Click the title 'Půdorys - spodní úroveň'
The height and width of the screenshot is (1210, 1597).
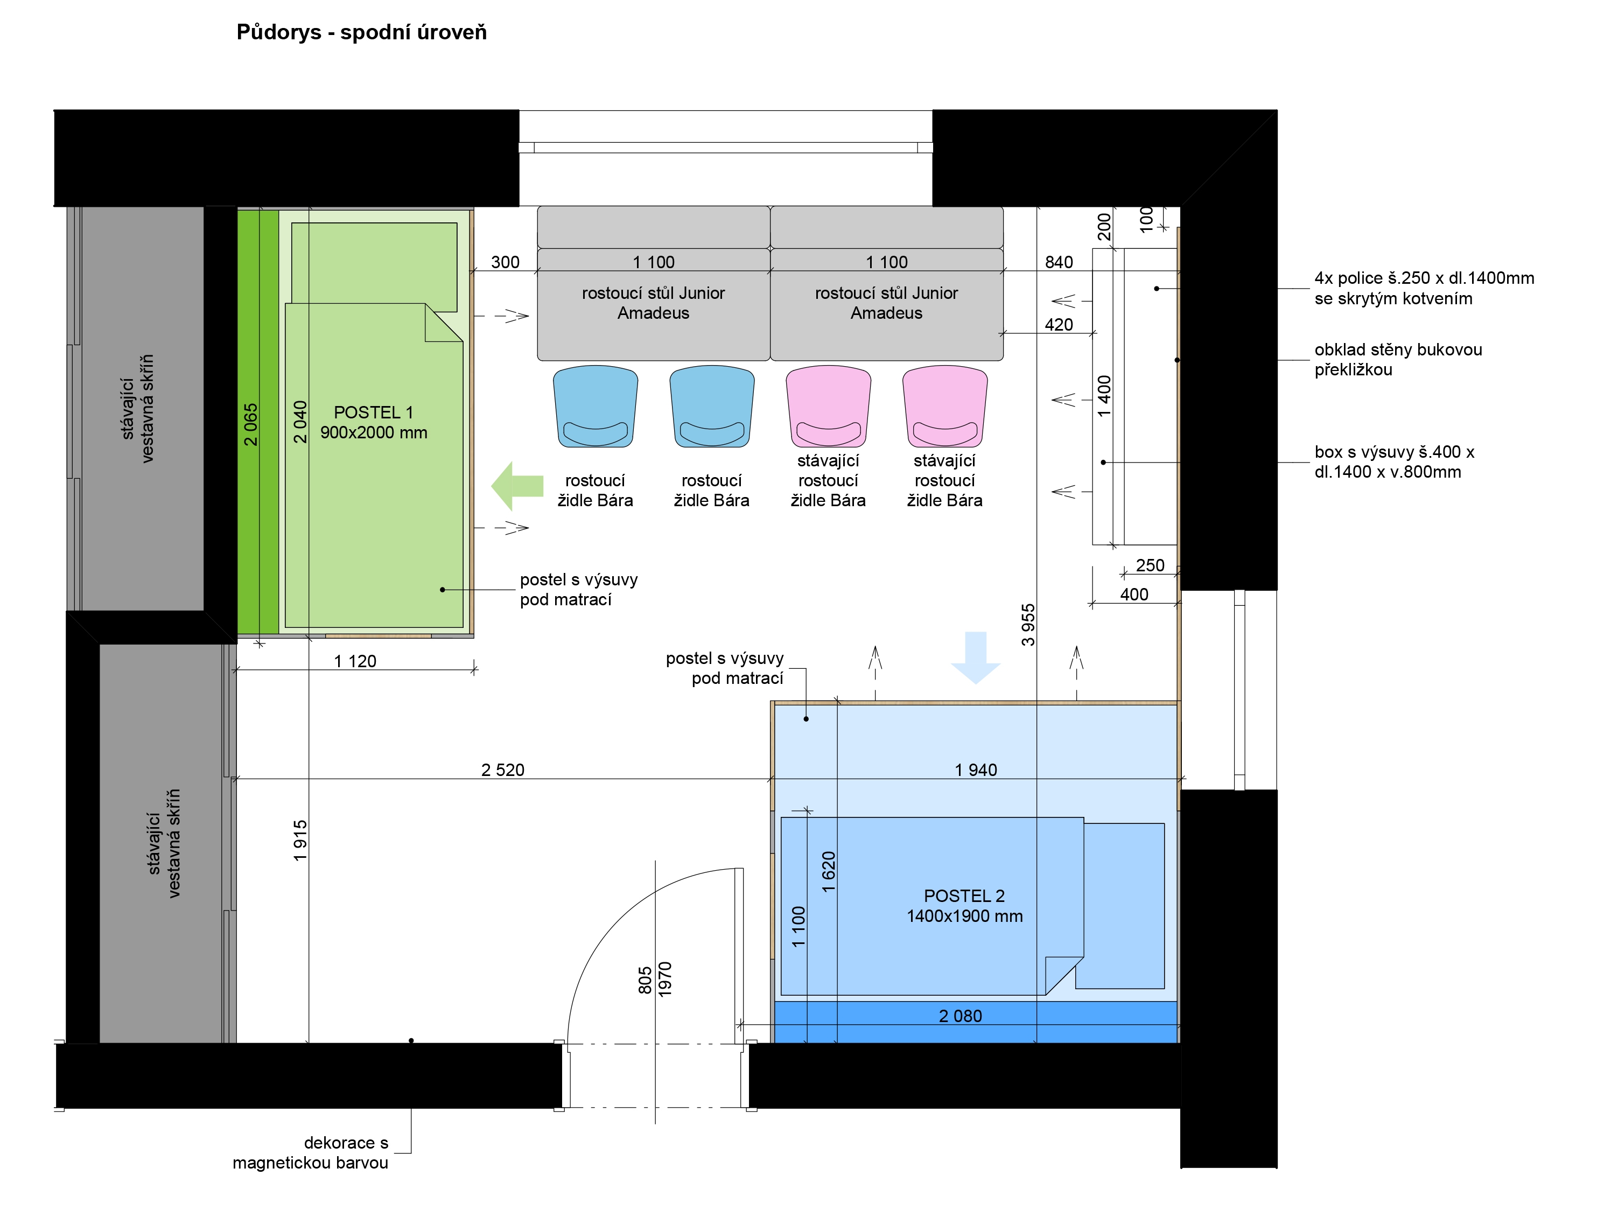tap(362, 32)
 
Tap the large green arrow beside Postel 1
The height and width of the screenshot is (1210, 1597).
tap(517, 486)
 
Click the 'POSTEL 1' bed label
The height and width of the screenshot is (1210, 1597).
tap(373, 412)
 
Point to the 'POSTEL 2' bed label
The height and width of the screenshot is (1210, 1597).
tap(964, 896)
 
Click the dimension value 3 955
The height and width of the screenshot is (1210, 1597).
tap(1028, 625)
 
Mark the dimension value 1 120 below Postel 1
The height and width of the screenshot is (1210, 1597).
tap(355, 661)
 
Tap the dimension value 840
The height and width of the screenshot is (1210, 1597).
tap(1059, 262)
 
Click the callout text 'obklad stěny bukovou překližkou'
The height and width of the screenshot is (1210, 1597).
tap(1398, 360)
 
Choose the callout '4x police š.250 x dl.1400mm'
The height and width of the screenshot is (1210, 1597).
tap(1424, 278)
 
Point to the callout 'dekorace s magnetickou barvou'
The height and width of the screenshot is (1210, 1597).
tap(311, 1152)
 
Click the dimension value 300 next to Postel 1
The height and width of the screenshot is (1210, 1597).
tap(506, 262)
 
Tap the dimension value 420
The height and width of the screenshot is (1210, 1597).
tap(1059, 324)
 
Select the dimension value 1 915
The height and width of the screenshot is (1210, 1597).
tap(300, 841)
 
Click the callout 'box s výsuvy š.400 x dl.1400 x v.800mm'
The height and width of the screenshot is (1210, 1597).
tap(1394, 462)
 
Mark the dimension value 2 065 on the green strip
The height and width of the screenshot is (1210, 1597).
tap(250, 424)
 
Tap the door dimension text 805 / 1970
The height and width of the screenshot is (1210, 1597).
tap(655, 979)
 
